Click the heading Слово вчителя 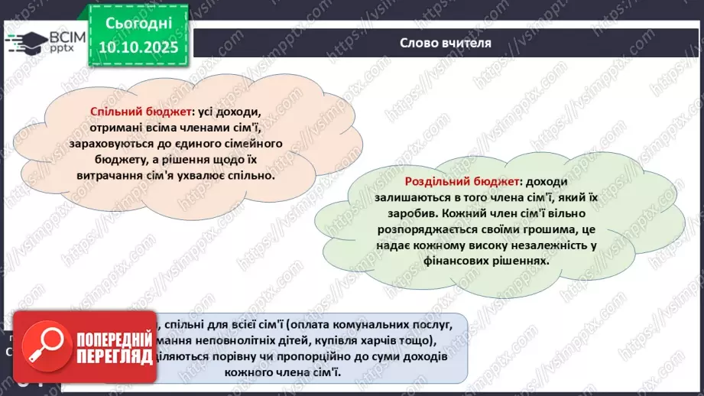coord(445,42)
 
